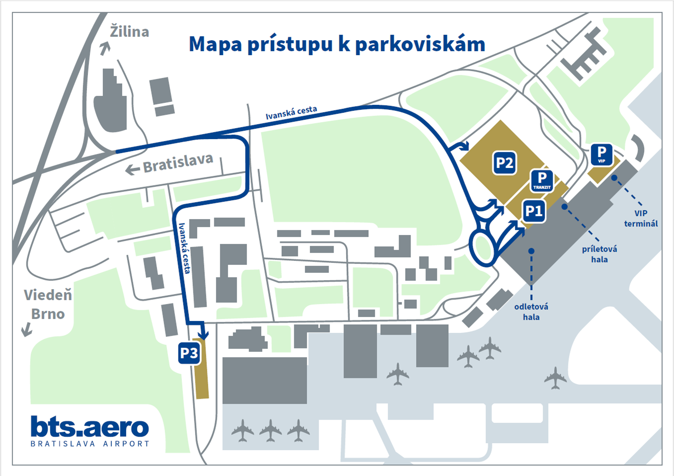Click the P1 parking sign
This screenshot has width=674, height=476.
(x=534, y=211)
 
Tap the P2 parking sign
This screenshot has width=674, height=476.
(x=505, y=163)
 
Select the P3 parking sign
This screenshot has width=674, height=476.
(x=189, y=353)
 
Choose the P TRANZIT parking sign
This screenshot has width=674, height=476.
(x=542, y=180)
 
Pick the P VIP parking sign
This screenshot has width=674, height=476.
(x=601, y=154)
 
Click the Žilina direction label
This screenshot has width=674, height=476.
(x=129, y=32)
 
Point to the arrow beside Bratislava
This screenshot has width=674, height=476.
(x=132, y=170)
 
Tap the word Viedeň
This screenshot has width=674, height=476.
(x=48, y=295)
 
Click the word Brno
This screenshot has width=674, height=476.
(x=48, y=314)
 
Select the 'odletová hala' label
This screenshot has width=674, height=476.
(x=531, y=312)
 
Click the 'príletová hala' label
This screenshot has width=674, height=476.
(x=599, y=254)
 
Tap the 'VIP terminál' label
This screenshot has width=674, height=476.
(x=641, y=219)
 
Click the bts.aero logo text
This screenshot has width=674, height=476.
(x=89, y=426)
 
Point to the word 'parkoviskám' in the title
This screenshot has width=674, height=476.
(x=420, y=44)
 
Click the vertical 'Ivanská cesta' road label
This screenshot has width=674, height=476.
(x=184, y=248)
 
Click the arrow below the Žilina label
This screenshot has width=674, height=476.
(x=104, y=48)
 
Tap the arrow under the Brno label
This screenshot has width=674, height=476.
(x=26, y=329)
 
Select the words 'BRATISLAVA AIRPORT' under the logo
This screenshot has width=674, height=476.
(x=90, y=444)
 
